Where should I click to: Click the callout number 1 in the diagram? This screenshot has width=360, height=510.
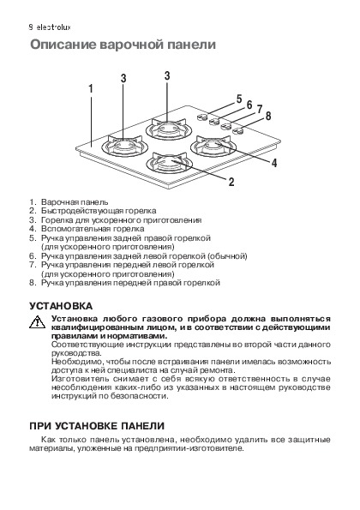click(91, 88)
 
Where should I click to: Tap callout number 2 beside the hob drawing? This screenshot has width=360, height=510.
click(231, 182)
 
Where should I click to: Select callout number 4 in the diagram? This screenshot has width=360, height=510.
click(274, 163)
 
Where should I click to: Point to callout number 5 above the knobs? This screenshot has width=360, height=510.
click(239, 99)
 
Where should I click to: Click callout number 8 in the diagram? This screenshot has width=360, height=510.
click(268, 116)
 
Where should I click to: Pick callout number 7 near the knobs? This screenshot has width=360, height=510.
click(259, 110)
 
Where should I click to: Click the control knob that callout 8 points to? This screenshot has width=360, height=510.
click(238, 131)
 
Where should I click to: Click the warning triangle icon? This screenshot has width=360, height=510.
click(37, 321)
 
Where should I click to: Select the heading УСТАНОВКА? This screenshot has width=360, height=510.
click(61, 306)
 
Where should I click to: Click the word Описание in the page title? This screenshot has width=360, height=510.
click(63, 45)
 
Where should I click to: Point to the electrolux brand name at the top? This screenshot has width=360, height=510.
click(53, 27)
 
